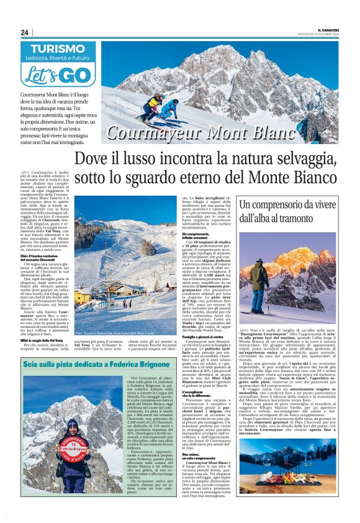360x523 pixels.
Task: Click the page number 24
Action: tap(24, 32)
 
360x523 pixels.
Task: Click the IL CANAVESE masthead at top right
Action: tap(330, 30)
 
